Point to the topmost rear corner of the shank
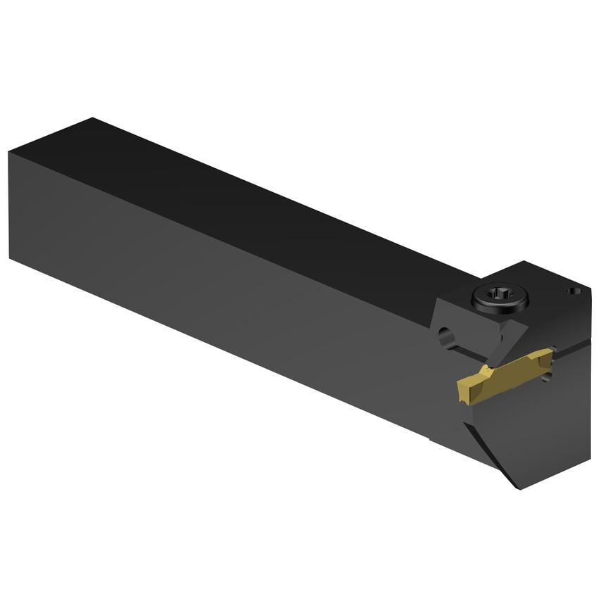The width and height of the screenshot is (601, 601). click(x=91, y=118)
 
